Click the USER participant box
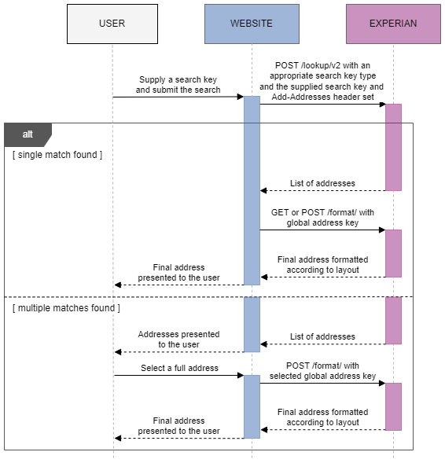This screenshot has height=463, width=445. tap(112, 24)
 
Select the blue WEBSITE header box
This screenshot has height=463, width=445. tap(252, 24)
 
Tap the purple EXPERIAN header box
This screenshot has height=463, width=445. tap(393, 24)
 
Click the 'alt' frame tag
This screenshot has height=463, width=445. tap(28, 134)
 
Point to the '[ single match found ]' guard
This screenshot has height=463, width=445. tap(57, 155)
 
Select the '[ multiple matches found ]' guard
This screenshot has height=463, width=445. tap(67, 308)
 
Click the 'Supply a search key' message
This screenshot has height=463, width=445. tap(178, 85)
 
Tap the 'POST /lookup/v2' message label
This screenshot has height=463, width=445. tap(322, 81)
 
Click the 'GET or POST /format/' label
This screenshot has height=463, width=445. tap(322, 218)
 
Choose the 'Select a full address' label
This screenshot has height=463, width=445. tap(179, 368)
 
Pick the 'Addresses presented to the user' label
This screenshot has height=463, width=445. tap(178, 339)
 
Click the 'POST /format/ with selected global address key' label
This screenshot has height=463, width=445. tap(322, 371)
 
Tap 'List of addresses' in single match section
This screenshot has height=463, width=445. tap(322, 183)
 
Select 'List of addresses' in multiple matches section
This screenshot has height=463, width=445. tap(322, 336)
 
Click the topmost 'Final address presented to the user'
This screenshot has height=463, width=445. tap(178, 273)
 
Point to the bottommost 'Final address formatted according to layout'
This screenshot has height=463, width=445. tap(322, 417)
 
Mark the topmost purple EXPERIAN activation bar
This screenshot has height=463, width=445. tap(393, 147)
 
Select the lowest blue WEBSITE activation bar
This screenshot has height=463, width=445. tap(252, 406)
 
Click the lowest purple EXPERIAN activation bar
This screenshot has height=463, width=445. tap(393, 406)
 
